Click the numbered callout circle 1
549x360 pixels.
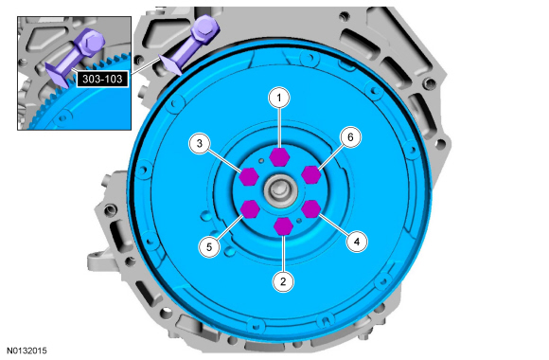click(x=279, y=98)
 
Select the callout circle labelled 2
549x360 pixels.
click(x=283, y=281)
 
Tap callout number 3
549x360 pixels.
click(x=200, y=143)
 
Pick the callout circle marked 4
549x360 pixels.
click(x=357, y=242)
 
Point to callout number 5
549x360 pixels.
click(x=209, y=246)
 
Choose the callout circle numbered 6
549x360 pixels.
click(x=350, y=137)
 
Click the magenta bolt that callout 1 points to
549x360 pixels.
click(x=279, y=156)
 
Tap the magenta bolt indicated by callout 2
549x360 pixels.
click(x=283, y=226)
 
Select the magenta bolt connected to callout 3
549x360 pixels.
click(x=249, y=176)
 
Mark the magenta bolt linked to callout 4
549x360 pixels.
click(x=310, y=209)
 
